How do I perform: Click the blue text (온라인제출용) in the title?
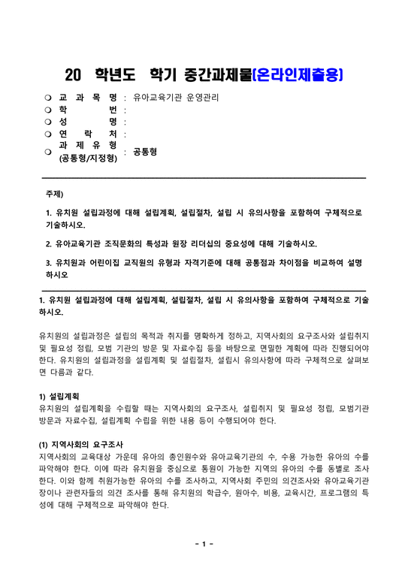pyautogui.click(x=298, y=74)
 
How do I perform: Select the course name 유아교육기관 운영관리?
pyautogui.click(x=176, y=98)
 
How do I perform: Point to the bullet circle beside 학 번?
pyautogui.click(x=47, y=110)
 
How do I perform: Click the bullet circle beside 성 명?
pyautogui.click(x=47, y=122)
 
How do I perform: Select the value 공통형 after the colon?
pyautogui.click(x=144, y=151)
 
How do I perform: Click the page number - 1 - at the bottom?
pyautogui.click(x=204, y=543)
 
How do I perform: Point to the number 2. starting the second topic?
pyautogui.click(x=49, y=243)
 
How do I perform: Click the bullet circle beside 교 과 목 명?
pyautogui.click(x=47, y=98)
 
